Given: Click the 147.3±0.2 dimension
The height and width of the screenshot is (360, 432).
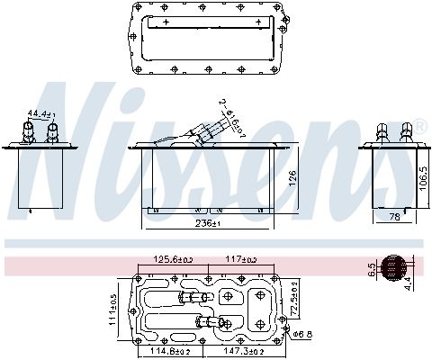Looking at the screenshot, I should (x=242, y=350).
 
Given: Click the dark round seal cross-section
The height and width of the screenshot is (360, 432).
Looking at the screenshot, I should (x=393, y=267).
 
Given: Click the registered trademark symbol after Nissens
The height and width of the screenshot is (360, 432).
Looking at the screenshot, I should (x=418, y=126).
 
